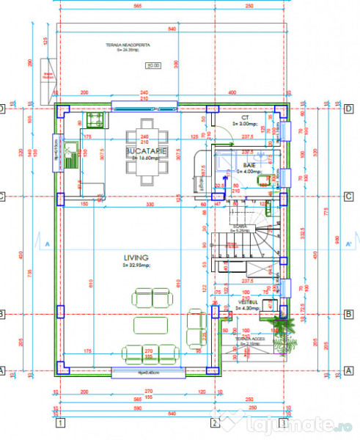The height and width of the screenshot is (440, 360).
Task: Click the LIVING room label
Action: tap(136, 258)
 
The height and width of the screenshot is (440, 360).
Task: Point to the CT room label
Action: tap(245, 117)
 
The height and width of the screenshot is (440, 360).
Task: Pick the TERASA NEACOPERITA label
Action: tap(128, 45)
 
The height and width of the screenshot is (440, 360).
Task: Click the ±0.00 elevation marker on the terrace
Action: tap(153, 66)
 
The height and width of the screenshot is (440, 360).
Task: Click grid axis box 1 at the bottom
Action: tap(60, 422)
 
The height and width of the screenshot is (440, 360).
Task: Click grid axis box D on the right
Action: tap(347, 109)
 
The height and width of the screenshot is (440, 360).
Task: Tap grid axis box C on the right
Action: tap(347, 196)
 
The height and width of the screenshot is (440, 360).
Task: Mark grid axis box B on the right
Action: tap(347, 314)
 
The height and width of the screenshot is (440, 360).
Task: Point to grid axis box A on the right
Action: tap(347, 370)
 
